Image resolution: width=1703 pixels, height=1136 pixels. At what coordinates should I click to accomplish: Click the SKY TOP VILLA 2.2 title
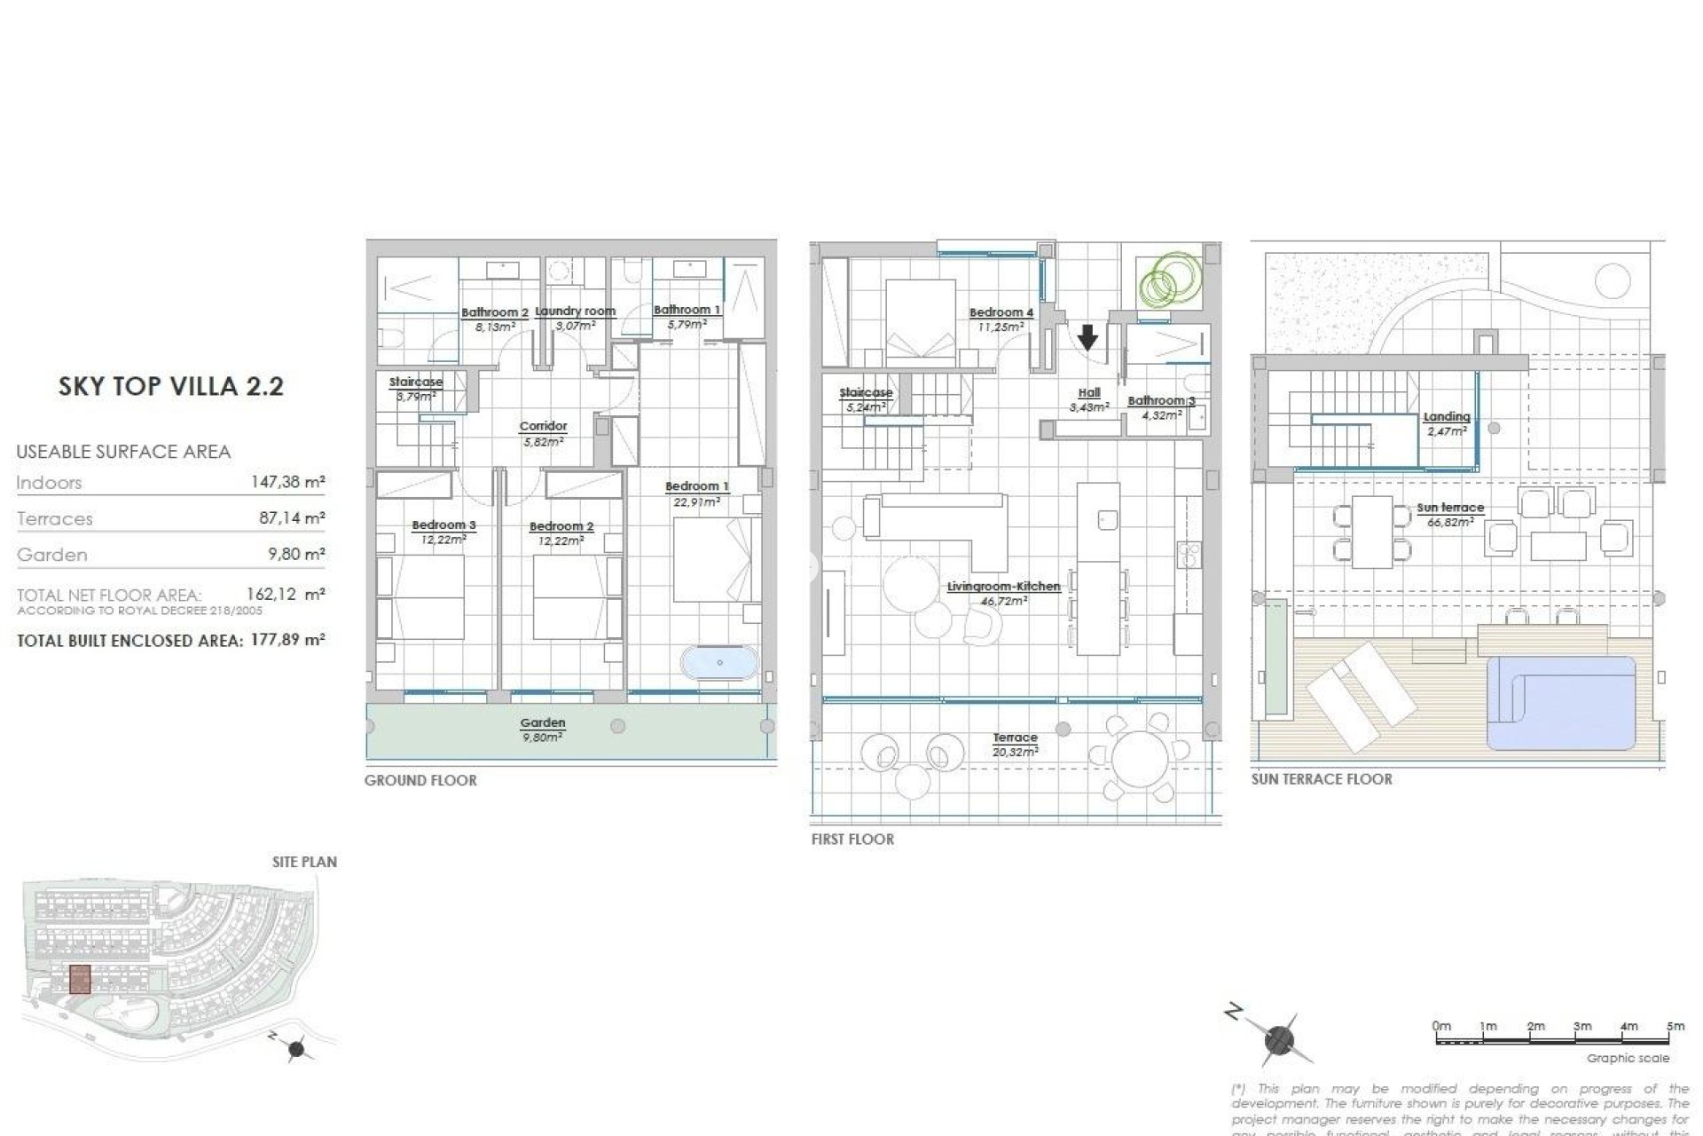tap(170, 386)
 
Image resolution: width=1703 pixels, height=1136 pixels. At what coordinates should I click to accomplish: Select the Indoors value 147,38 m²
tap(288, 483)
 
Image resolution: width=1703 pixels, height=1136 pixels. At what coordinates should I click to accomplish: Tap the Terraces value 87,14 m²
tap(292, 518)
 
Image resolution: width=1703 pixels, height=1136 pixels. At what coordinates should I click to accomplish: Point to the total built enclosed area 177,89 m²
tap(286, 640)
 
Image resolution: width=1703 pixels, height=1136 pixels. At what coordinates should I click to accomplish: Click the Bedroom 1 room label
tap(696, 486)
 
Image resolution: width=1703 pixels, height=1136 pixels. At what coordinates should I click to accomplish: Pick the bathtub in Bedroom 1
tap(719, 662)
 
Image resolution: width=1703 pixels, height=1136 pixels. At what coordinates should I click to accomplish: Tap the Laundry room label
tap(575, 312)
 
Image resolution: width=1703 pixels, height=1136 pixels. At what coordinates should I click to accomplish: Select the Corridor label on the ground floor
tap(543, 427)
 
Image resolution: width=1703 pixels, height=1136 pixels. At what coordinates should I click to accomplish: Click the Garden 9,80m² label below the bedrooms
tap(543, 729)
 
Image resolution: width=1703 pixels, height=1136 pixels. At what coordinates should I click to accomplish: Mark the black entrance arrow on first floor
tap(1087, 337)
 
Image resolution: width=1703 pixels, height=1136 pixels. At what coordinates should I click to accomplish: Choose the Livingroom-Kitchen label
tap(1003, 587)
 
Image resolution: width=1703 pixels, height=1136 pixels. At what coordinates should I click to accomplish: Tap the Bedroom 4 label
tap(1001, 312)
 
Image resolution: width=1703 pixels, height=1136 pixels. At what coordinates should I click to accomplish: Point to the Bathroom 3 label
tap(1160, 401)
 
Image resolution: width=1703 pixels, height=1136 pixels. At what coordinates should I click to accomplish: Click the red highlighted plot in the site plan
tap(80, 979)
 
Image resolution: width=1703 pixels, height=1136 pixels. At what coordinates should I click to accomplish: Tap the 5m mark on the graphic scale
tap(1675, 1027)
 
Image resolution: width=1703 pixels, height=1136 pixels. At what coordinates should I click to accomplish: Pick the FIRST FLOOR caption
tap(852, 839)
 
